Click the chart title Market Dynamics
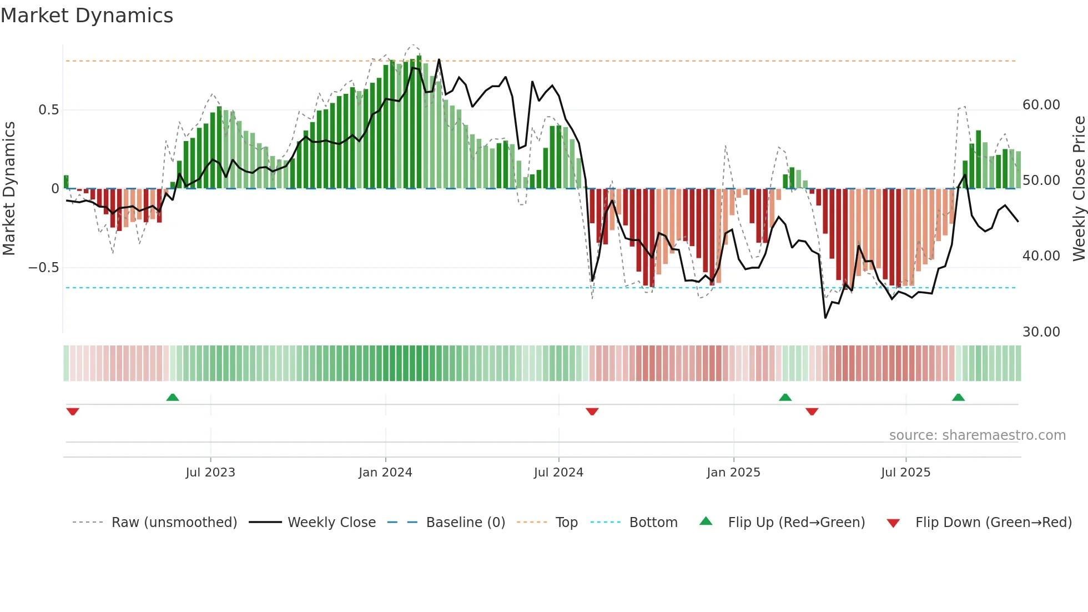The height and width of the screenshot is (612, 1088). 87,16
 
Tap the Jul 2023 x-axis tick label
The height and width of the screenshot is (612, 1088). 210,473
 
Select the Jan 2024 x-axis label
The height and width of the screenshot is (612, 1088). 385,473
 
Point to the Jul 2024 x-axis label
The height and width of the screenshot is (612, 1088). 558,473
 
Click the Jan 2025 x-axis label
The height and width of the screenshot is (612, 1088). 733,473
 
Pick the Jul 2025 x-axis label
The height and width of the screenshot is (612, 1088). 905,473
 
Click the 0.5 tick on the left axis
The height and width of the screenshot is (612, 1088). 48,110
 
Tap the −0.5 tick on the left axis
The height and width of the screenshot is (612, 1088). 43,268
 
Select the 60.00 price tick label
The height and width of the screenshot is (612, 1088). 1041,105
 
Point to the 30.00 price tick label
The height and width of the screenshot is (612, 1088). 1041,332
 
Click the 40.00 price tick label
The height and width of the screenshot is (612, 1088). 1041,256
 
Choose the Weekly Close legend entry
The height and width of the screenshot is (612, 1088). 331,523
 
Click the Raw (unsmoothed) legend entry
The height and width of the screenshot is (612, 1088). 174,523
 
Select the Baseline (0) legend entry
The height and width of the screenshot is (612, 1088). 465,523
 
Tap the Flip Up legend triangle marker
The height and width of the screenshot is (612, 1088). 706,521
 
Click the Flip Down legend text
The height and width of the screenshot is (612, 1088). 993,523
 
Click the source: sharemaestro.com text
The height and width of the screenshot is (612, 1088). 977,435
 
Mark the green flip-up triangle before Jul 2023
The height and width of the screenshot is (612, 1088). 173,397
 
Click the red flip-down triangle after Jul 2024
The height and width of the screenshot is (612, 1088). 592,412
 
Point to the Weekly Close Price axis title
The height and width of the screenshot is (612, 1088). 1079,188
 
